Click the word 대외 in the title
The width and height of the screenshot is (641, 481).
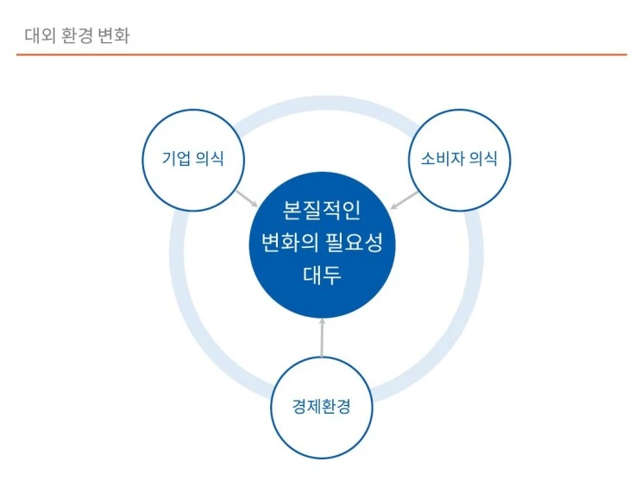coord(38,36)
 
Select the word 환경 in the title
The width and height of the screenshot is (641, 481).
coord(77,36)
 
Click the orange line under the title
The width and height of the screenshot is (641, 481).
coord(321,54)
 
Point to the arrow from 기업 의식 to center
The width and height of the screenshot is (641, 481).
coord(248,199)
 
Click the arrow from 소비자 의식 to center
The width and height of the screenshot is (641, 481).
coord(404,200)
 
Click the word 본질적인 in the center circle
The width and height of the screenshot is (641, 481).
coord(322,210)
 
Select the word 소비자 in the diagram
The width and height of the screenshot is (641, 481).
coord(443,159)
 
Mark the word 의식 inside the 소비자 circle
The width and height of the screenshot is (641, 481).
coord(484,159)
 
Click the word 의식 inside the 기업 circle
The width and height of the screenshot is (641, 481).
coord(210,159)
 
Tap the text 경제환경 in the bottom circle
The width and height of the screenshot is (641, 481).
coord(322,407)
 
